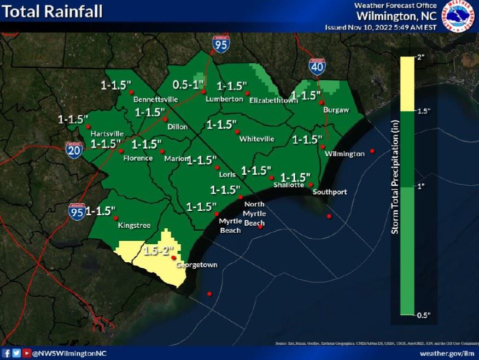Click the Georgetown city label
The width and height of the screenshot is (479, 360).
[x=196, y=265]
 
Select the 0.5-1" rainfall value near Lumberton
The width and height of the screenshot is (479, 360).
[x=188, y=85]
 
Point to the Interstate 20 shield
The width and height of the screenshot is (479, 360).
[x=74, y=150]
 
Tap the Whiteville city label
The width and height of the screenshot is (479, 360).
[x=256, y=139]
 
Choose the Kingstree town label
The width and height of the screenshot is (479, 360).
[x=134, y=225]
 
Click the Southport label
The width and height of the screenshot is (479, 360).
[x=329, y=192]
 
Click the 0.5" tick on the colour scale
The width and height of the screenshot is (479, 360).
[x=424, y=315]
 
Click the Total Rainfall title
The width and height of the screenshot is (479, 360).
[x=52, y=11]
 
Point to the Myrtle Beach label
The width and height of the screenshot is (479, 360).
[x=230, y=226]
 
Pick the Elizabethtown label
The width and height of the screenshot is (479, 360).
[x=270, y=101]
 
